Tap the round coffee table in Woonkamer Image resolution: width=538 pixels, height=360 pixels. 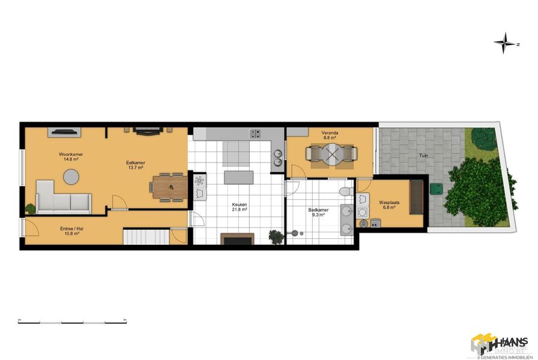pyautogui.click(x=71, y=176)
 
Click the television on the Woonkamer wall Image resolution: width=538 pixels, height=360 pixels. pyautogui.click(x=62, y=130)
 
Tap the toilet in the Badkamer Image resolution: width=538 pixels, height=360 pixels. pyautogui.click(x=346, y=191)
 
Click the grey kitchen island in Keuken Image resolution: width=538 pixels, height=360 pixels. pyautogui.click(x=237, y=178)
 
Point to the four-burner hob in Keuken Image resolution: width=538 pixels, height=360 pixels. pyautogui.click(x=255, y=134)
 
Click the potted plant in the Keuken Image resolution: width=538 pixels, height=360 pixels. pyautogui.click(x=276, y=236)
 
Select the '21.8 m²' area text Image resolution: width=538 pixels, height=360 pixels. pyautogui.click(x=240, y=210)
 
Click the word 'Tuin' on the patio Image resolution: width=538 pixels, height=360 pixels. pyautogui.click(x=423, y=155)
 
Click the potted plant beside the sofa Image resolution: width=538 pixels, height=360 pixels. pyautogui.click(x=31, y=209)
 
